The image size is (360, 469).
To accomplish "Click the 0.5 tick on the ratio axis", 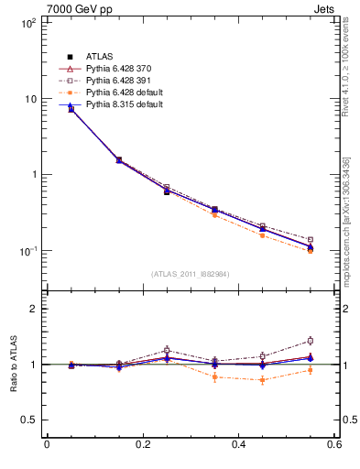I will [x=29, y=420].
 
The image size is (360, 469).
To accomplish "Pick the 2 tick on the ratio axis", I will [x=33, y=309].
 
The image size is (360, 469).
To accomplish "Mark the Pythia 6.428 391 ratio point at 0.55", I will [x=310, y=341].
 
